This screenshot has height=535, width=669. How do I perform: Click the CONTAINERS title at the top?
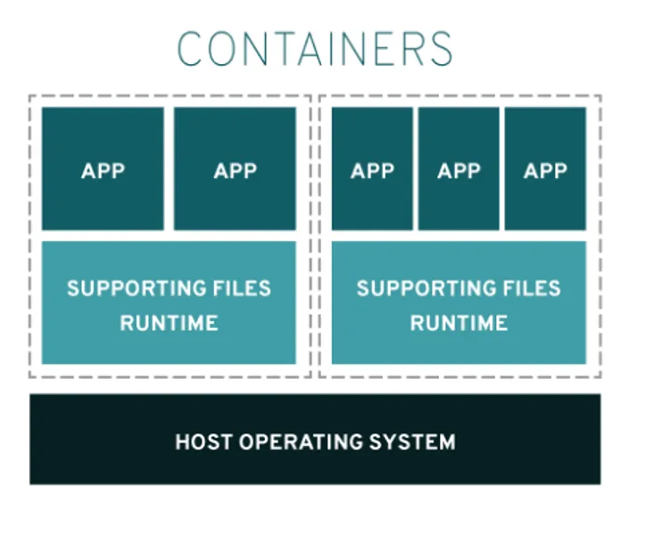pos(315,48)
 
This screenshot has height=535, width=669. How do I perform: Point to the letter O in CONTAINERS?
pos(222,48)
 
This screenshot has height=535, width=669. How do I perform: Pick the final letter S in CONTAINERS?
pos(440,48)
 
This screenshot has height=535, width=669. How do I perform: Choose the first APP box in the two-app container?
pos(103,169)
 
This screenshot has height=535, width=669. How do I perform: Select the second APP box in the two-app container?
pos(235,169)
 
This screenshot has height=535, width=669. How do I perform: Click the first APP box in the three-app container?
pos(372,169)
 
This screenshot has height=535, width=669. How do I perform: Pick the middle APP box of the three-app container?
pos(458,169)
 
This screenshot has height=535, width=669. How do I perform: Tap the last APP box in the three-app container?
pos(545,169)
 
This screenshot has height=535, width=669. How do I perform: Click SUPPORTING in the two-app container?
pos(135,289)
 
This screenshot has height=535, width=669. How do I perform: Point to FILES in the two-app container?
pos(240,289)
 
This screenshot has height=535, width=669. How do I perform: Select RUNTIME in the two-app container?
pos(169,323)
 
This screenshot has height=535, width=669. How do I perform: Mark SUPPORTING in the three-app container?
pos(425,289)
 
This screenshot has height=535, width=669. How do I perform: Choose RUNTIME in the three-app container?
pos(458,323)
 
